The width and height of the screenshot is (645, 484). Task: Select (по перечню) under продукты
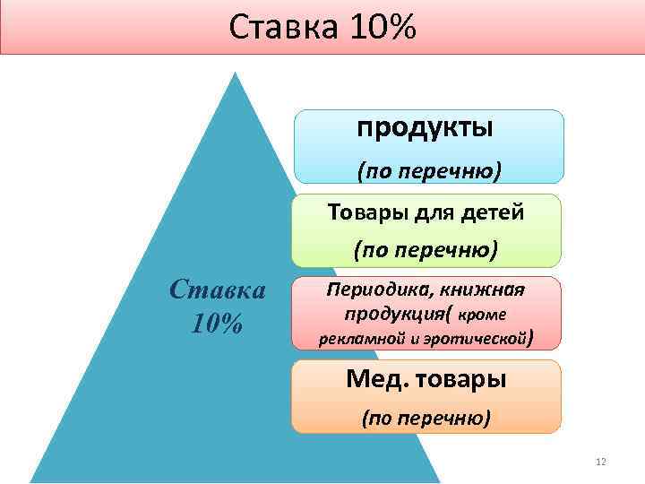pyautogui.click(x=429, y=169)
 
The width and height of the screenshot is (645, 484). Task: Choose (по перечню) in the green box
pyautogui.click(x=426, y=249)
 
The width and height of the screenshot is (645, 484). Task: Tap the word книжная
pyautogui.click(x=486, y=290)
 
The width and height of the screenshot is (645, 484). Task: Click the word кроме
pyautogui.click(x=483, y=315)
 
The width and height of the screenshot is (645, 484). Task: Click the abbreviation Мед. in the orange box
pyautogui.click(x=374, y=379)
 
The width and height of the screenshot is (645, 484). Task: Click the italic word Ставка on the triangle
pyautogui.click(x=218, y=290)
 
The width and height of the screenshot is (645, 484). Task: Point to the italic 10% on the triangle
pyautogui.click(x=218, y=323)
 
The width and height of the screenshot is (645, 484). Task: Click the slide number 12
pyautogui.click(x=600, y=462)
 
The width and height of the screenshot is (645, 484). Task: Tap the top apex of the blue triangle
pyautogui.click(x=235, y=73)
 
